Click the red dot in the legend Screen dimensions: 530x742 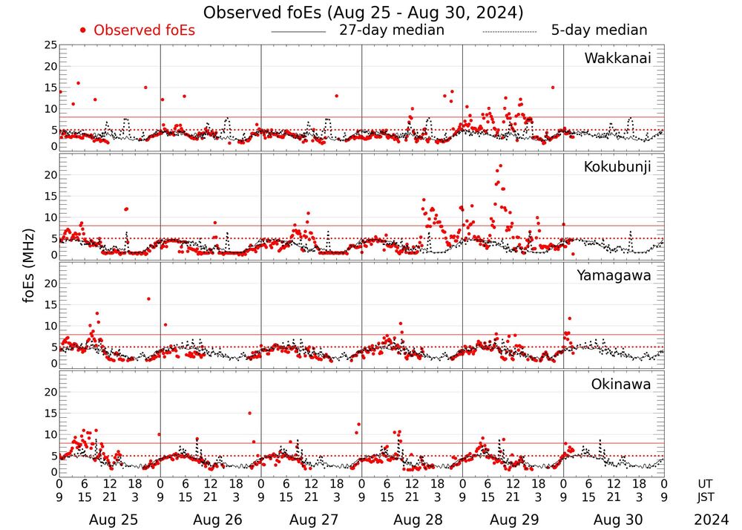[83, 30]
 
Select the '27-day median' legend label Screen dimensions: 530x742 [391, 30]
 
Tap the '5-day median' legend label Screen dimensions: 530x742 [599, 30]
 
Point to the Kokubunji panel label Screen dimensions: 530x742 [617, 167]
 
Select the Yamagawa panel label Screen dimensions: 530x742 [614, 275]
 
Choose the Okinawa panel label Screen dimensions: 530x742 [621, 384]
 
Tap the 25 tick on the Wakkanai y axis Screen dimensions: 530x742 [50, 46]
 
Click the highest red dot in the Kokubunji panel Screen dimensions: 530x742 [501, 166]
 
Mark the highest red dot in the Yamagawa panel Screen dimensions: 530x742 [148, 298]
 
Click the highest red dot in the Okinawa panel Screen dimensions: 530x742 [249, 413]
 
